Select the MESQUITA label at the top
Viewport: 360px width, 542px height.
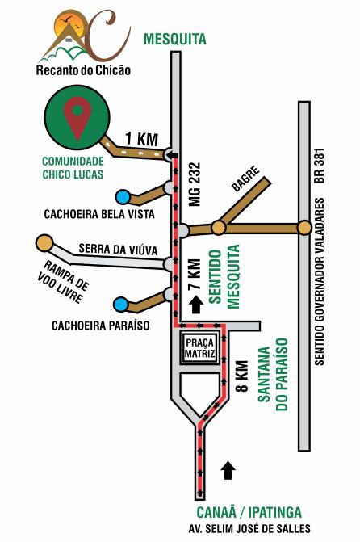174,39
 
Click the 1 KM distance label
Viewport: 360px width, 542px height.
141,139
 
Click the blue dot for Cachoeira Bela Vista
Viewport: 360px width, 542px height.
123,196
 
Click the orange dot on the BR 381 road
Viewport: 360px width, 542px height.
303,228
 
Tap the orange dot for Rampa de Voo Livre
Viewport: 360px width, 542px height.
43,242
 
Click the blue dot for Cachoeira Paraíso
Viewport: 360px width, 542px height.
121,304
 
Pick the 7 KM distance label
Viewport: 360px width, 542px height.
194,277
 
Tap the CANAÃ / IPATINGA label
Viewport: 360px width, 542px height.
249,512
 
